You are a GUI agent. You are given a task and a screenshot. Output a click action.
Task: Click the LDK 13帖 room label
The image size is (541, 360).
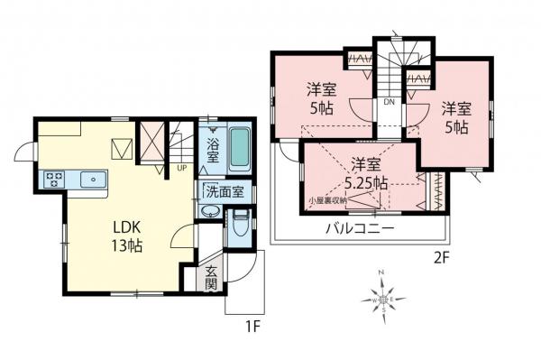[x=127, y=234]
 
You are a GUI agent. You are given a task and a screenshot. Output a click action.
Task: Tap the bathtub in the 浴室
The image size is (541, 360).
[x=238, y=150]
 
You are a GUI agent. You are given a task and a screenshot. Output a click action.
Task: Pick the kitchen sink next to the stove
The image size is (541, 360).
[x=92, y=180]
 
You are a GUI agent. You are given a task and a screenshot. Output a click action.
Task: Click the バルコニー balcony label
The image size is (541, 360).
[x=360, y=228]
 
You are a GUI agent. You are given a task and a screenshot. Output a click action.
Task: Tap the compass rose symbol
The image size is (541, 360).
[x=384, y=296]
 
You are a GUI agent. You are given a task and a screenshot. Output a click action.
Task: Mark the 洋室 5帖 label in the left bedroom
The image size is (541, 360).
[x=320, y=97]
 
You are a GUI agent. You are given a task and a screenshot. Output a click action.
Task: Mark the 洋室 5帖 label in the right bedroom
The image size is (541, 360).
[x=454, y=117]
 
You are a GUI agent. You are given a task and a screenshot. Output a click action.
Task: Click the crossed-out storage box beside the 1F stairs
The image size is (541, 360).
[x=150, y=142]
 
